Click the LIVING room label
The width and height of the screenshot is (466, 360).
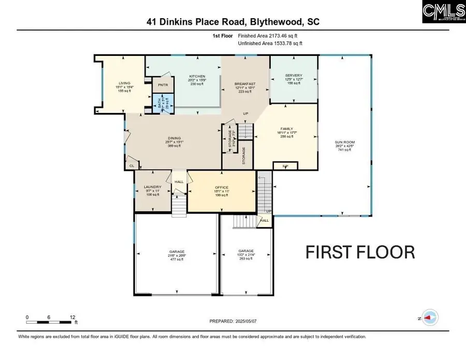pos(124,83)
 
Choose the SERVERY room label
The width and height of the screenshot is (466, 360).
pos(294,76)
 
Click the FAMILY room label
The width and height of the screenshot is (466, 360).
pos(286,128)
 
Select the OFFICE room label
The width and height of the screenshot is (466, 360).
pos(222,187)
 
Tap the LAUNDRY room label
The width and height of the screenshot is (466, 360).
pos(153,187)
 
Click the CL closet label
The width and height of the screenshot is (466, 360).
pos(132,166)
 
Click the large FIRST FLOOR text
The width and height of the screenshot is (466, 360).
pos(360,252)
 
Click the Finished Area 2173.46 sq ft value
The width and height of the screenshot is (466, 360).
pos(268,36)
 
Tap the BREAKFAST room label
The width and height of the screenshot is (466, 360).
pos(245,84)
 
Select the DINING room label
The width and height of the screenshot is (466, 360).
pos(173,138)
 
